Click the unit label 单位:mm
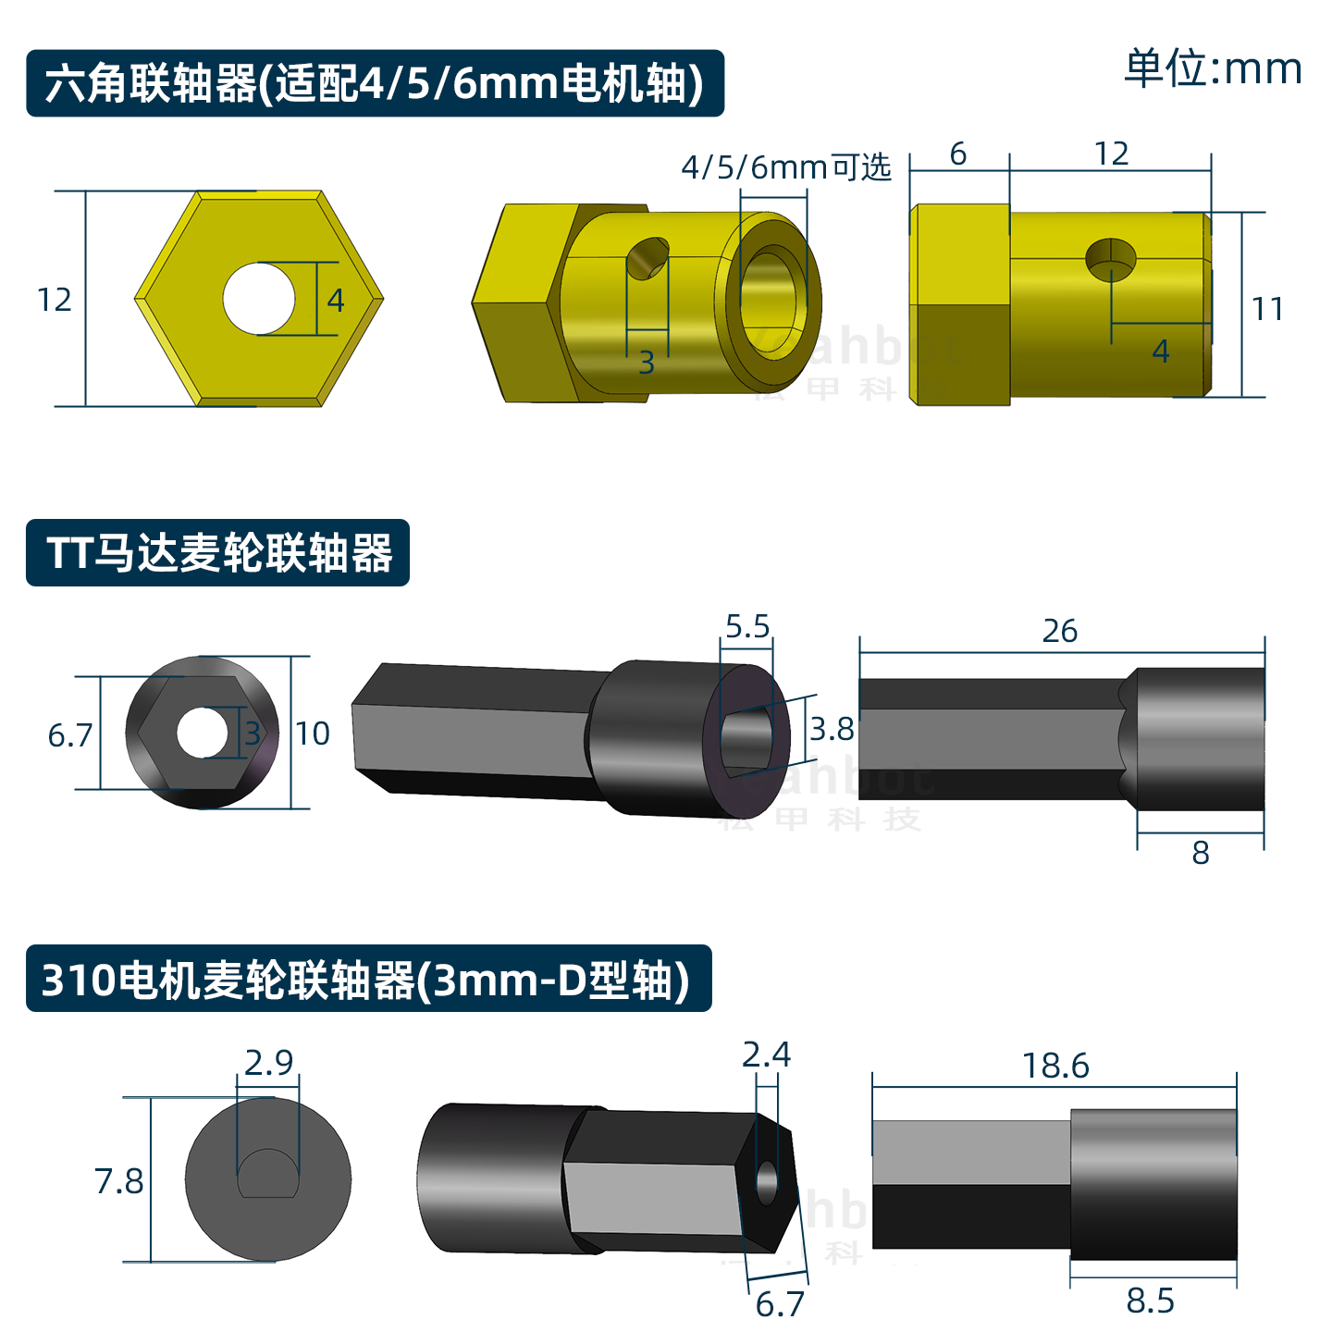pos(1212,68)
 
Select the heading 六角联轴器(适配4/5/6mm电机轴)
pos(375,83)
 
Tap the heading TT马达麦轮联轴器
pos(218,553)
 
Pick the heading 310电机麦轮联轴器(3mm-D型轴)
pos(367,980)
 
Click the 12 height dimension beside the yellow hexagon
pos(55,300)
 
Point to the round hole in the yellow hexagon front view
pos(258,299)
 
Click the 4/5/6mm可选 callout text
pos(785,167)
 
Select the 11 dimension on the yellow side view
pos(1266,309)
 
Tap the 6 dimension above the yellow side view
pos(958,154)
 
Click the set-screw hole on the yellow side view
pos(1110,258)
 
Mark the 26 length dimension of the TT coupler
pos(1060,631)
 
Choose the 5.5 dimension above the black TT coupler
pos(747,627)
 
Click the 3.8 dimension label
pos(832,730)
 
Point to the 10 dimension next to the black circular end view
pos(313,734)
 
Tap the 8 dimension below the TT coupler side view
pos(1201,853)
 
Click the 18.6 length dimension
pos(1055,1067)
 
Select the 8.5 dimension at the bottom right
pos(1150,1301)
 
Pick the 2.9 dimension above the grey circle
pos(268,1063)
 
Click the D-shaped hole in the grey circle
pos(268,1174)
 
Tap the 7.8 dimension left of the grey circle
pos(118,1181)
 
